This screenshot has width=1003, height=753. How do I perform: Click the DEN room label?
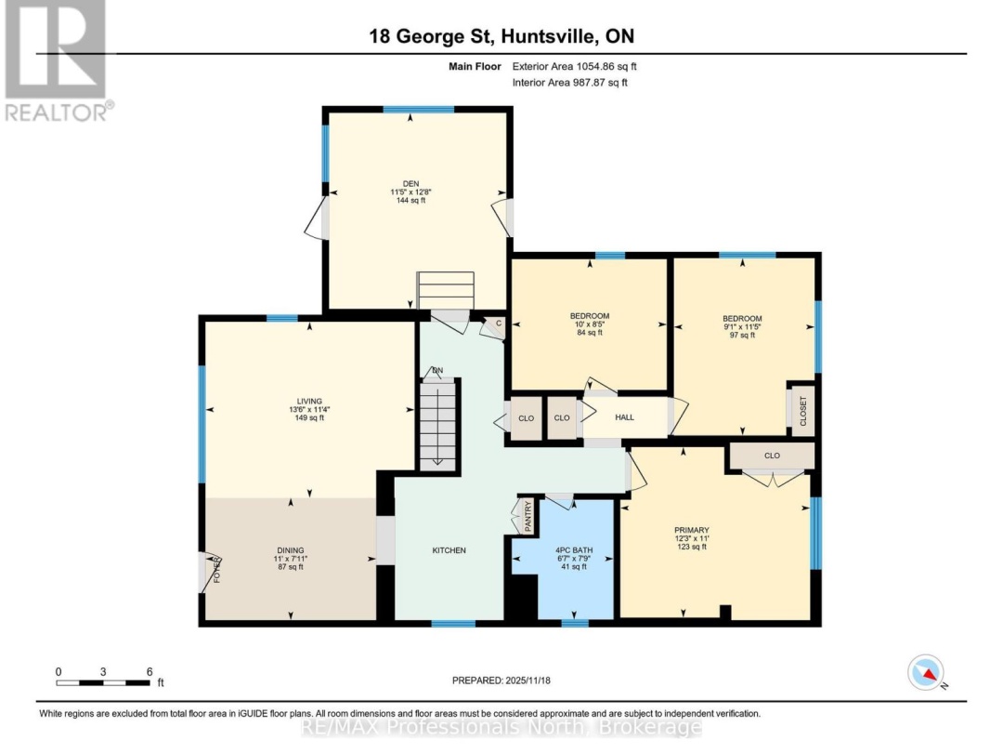(x=410, y=184)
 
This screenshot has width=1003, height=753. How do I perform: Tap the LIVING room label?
(x=309, y=402)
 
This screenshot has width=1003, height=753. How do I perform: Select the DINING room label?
(x=291, y=550)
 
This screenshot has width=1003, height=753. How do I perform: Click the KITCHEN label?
(x=449, y=550)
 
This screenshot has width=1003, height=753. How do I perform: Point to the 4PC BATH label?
(x=574, y=550)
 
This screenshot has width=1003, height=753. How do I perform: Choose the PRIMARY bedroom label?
(x=692, y=530)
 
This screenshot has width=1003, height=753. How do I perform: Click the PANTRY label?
(x=528, y=516)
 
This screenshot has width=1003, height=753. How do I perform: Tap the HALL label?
(x=624, y=417)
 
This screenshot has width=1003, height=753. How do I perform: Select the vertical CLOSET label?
(x=803, y=411)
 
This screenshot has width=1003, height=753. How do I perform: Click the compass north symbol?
(x=926, y=673)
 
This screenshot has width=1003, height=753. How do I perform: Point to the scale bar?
(x=102, y=682)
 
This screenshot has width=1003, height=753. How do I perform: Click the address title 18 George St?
(x=432, y=36)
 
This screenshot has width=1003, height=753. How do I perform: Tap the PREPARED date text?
(x=501, y=680)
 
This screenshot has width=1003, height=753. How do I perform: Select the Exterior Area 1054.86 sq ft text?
(x=575, y=66)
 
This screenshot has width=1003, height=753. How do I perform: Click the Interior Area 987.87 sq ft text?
(x=570, y=82)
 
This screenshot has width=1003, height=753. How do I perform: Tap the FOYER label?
(x=216, y=570)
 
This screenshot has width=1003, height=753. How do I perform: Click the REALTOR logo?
(x=57, y=60)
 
